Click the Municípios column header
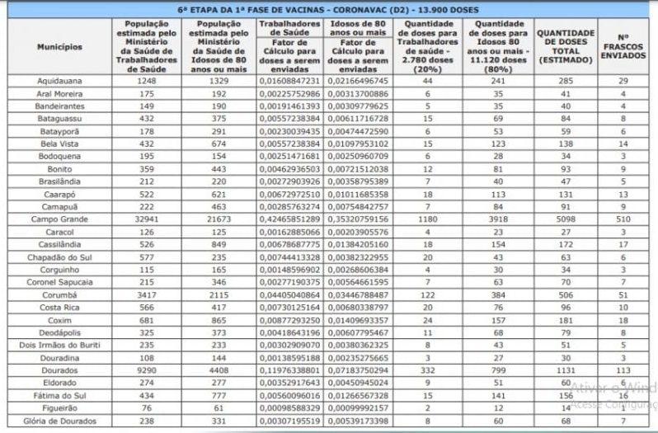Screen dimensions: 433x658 59,47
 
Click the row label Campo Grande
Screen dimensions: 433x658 59,219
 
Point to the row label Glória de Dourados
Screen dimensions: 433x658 59,421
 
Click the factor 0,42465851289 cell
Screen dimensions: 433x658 289,219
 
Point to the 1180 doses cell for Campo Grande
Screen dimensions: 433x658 428,219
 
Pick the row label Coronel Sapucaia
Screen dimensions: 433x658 59,281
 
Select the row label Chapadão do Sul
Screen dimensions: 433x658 59,257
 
